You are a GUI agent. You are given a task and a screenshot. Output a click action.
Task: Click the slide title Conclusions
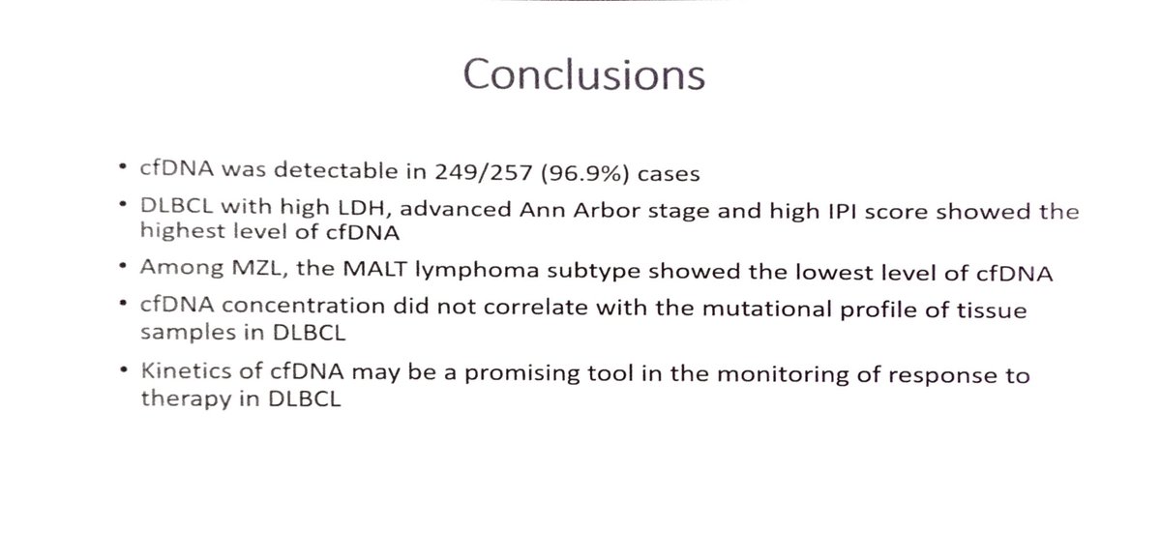coord(583,74)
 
